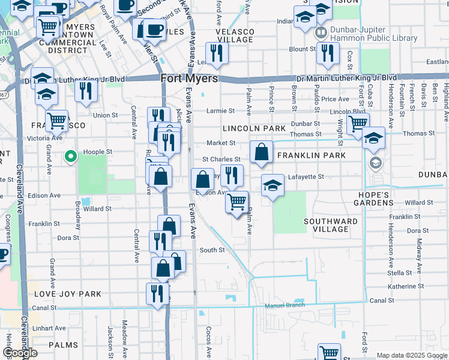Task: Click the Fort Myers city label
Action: (x=189, y=79)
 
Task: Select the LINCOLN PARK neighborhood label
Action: (x=254, y=128)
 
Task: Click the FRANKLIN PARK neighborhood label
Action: (x=311, y=155)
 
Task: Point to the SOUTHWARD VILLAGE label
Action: (x=330, y=225)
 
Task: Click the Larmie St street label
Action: (x=220, y=111)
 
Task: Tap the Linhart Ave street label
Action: (x=49, y=328)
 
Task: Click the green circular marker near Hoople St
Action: (x=70, y=158)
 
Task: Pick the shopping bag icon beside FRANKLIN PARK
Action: (x=261, y=153)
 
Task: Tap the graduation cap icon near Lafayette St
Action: (x=273, y=185)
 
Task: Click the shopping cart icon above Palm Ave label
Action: (x=237, y=202)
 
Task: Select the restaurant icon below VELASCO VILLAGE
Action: (x=217, y=53)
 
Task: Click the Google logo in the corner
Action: (x=20, y=353)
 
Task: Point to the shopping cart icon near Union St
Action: (x=57, y=120)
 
